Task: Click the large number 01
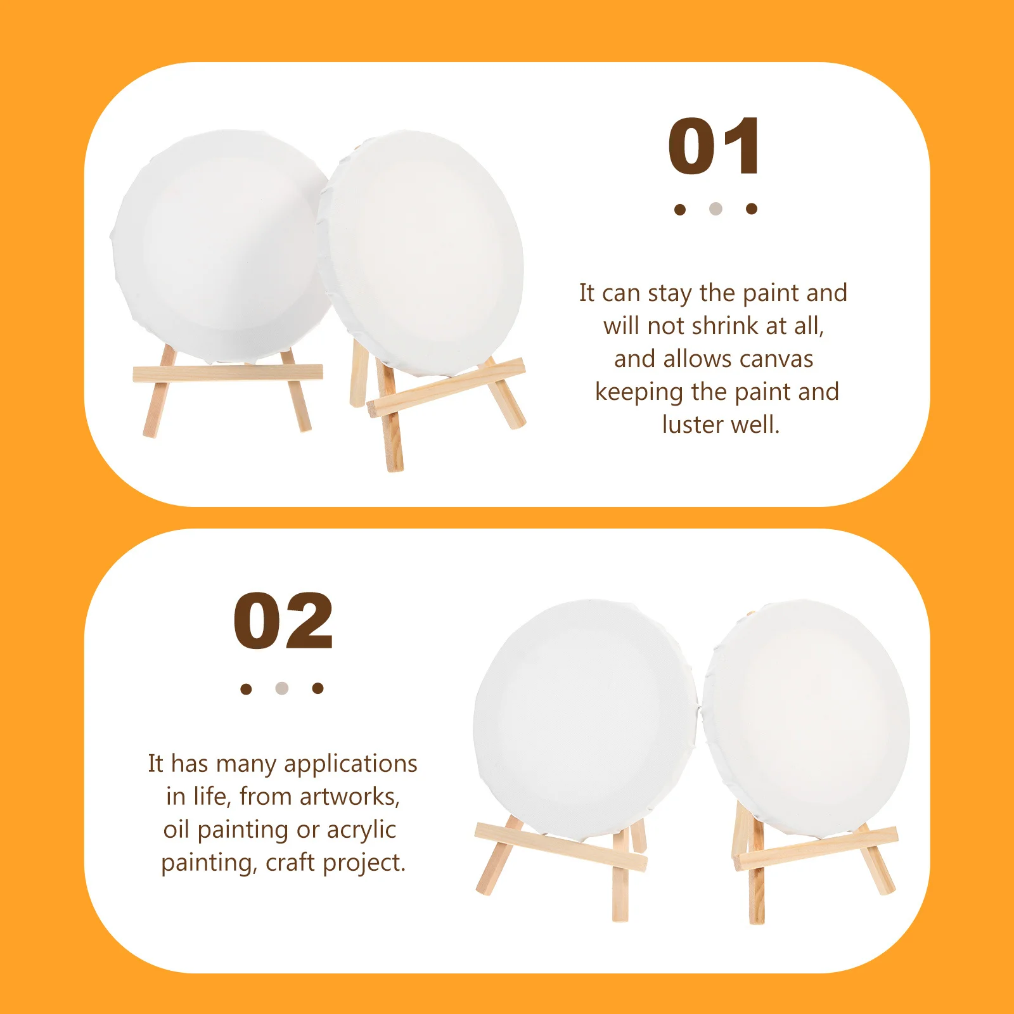point(714,146)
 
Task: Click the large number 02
point(283,621)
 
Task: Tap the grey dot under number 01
point(716,209)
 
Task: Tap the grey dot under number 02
point(282,688)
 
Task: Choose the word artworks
point(349,797)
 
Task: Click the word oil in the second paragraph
point(177,830)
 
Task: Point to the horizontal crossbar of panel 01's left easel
point(228,373)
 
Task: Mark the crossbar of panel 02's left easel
point(560,846)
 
